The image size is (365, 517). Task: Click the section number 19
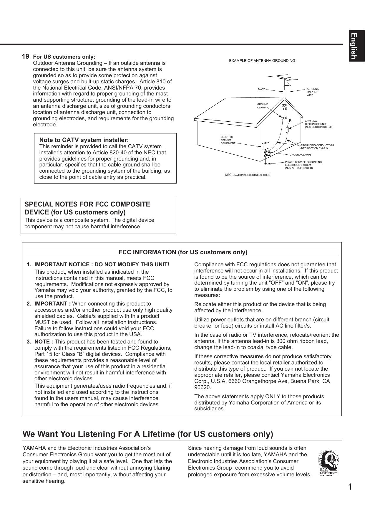coord(26,56)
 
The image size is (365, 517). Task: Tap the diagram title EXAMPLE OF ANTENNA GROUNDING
coord(262,61)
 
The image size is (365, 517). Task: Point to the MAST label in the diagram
coord(261,89)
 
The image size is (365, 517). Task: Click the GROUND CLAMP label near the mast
coord(263,106)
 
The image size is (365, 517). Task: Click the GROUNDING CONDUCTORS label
coord(317,147)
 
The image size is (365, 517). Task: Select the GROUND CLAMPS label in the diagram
coord(300,155)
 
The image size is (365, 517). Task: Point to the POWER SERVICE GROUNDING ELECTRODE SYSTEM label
coord(303,165)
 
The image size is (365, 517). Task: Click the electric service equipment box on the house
coord(265,146)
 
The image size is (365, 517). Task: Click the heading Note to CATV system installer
coord(84,140)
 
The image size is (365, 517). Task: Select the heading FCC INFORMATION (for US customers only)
coord(183,252)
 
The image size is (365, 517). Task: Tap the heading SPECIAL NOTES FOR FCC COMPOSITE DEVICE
coord(87,208)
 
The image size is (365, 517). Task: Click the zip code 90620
coord(203,387)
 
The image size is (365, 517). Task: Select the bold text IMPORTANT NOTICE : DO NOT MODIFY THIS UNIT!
coord(102,265)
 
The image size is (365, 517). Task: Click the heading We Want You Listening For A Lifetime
coord(148,434)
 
